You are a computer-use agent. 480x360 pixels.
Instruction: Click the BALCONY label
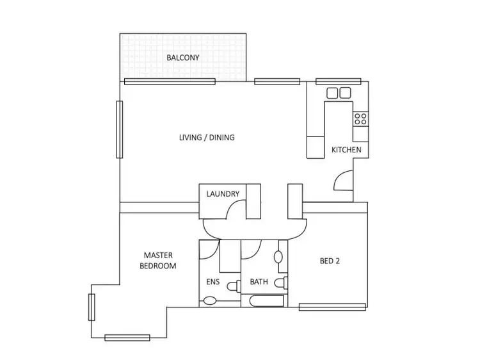point(182,58)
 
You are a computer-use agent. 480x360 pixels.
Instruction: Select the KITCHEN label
point(346,150)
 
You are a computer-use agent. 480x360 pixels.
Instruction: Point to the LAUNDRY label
point(223,194)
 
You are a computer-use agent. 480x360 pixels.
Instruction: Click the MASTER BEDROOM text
point(159,260)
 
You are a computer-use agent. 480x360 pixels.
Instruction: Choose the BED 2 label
point(330,261)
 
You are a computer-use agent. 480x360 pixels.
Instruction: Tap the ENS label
point(213,281)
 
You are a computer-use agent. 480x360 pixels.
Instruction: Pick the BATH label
point(259,281)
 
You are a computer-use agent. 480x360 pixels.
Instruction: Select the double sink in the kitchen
point(339,93)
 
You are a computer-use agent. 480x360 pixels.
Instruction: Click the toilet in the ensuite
point(209,300)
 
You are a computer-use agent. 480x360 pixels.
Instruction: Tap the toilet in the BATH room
point(281,282)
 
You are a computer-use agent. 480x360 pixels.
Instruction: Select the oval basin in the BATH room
point(278,257)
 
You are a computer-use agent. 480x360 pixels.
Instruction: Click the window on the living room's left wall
point(119,129)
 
